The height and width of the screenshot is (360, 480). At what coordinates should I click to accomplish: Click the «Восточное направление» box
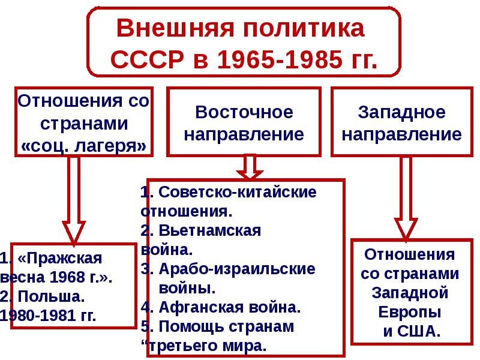[244, 122]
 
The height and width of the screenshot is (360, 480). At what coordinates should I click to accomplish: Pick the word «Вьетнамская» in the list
[210, 231]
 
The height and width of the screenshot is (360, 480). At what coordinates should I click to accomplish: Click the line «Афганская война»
[229, 308]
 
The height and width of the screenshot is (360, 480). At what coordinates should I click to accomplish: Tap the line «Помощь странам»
[226, 327]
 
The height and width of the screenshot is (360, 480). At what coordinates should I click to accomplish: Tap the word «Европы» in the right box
[410, 311]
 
